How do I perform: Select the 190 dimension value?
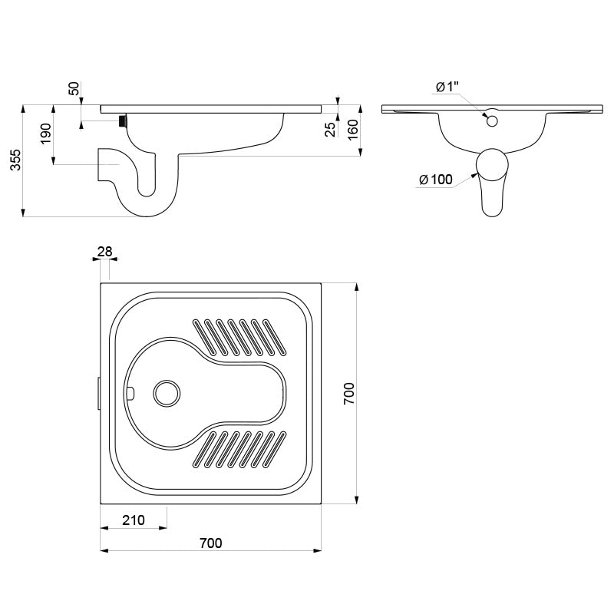46,134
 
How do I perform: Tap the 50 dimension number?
74,88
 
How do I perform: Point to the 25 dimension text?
331,130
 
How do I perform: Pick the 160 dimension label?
353,130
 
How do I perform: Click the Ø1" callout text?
447,87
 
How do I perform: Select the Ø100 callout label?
436,180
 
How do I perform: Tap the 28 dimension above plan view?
104,252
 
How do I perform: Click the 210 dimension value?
134,520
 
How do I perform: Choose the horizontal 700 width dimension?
210,543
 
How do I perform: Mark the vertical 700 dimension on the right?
348,394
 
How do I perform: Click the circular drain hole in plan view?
167,393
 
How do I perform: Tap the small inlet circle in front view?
492,121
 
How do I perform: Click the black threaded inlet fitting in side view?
123,120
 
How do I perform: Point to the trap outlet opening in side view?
98,164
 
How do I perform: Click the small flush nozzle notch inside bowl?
130,392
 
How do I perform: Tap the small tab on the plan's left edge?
99,393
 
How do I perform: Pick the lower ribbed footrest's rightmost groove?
273,449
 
